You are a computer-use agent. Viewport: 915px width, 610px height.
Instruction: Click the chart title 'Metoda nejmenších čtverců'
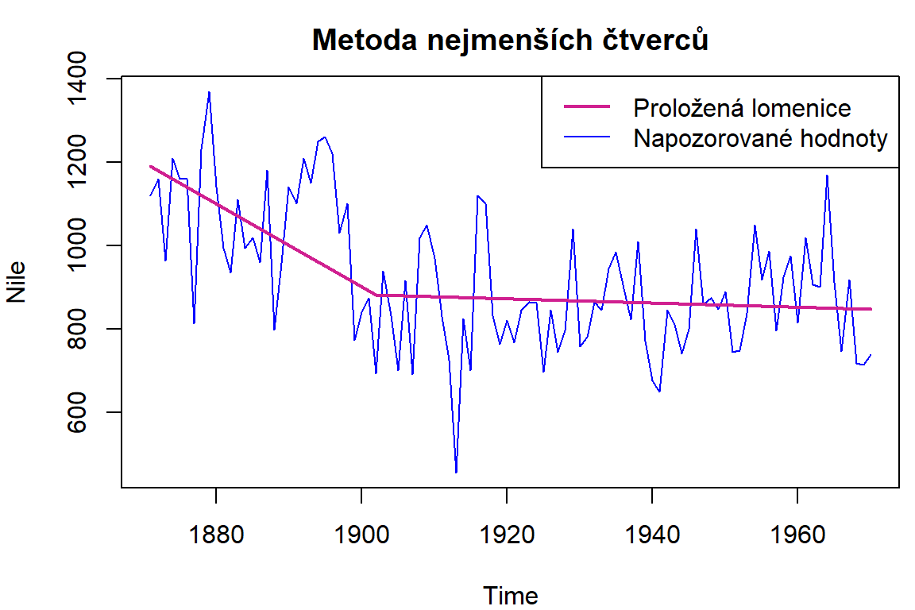[x=510, y=40]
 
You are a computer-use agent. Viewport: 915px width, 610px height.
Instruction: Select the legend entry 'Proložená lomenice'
[x=742, y=107]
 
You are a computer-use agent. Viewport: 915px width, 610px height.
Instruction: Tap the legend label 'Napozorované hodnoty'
[x=760, y=139]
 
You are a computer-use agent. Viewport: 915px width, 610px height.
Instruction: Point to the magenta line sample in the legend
[x=588, y=107]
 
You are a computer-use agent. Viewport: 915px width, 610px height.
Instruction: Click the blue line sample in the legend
[x=588, y=139]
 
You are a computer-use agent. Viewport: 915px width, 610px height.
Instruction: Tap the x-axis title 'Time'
[x=510, y=596]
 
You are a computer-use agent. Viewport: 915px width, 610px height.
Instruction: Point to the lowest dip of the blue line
[x=456, y=472]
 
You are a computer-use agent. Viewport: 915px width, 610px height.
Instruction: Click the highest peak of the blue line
[x=209, y=92]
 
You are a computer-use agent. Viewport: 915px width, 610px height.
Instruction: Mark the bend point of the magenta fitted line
[x=377, y=295]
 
